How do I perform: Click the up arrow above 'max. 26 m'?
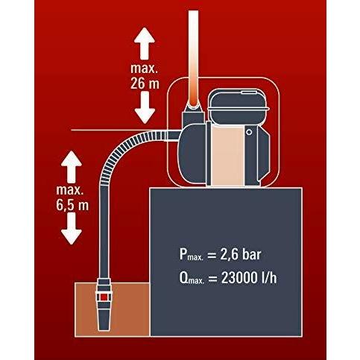pyautogui.click(x=145, y=43)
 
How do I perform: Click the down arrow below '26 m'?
pyautogui.click(x=145, y=107)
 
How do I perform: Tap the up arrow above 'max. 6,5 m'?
pyautogui.click(x=72, y=166)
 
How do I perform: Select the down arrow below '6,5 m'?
pyautogui.click(x=72, y=229)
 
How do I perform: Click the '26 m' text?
pyautogui.click(x=145, y=83)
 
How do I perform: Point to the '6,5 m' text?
pyautogui.click(x=72, y=205)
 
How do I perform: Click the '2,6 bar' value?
pyautogui.click(x=241, y=254)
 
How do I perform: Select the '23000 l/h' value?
pyautogui.click(x=249, y=277)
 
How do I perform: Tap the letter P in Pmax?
pyautogui.click(x=183, y=254)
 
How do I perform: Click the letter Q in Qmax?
pyautogui.click(x=183, y=277)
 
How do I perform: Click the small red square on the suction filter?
pyautogui.click(x=104, y=297)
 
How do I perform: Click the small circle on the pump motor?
pyautogui.click(x=249, y=132)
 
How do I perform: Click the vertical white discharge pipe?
pyautogui.click(x=194, y=58)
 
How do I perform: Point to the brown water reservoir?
pyautogui.click(x=113, y=309)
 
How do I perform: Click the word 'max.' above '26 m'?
pyautogui.click(x=144, y=69)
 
